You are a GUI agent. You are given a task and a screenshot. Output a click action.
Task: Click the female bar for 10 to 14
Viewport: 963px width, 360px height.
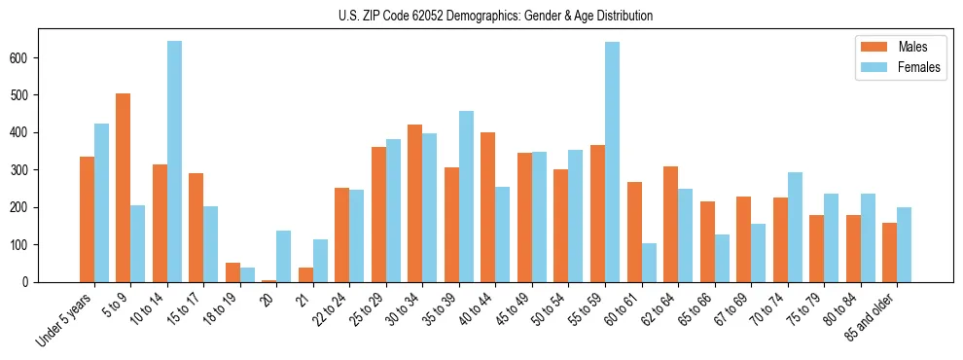pos(174,162)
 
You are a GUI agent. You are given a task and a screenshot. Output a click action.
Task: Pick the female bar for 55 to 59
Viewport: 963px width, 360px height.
pos(612,162)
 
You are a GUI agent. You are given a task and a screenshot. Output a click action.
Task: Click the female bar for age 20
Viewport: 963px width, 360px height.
pos(284,256)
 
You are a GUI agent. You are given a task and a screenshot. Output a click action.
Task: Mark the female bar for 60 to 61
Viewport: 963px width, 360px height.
pos(649,263)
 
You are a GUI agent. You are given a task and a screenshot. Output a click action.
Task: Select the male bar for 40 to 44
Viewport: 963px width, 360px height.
pos(488,207)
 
